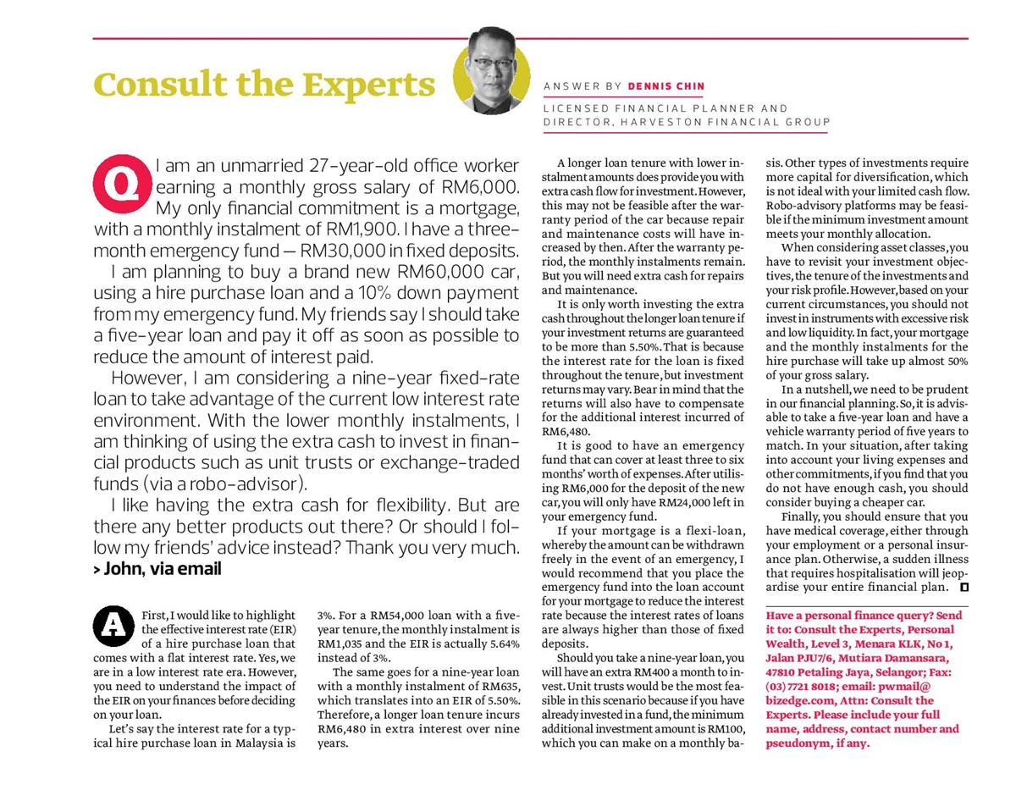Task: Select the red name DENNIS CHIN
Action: (665, 86)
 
